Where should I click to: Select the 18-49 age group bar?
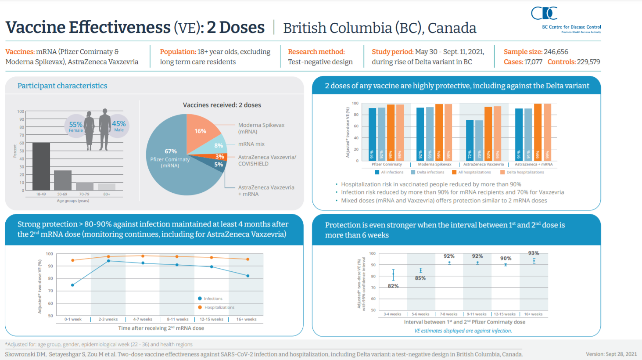(x=41, y=166)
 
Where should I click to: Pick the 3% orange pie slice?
(x=219, y=157)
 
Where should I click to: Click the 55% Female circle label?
(x=75, y=126)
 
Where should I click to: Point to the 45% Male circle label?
(x=119, y=126)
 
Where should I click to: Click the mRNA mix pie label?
(x=251, y=144)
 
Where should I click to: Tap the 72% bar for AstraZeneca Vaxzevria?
(x=470, y=140)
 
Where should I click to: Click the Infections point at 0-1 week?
(x=73, y=285)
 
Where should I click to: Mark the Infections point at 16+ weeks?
(x=248, y=276)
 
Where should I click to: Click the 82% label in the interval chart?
(x=393, y=286)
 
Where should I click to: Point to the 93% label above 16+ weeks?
(x=534, y=253)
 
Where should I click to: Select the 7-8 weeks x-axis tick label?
(x=449, y=314)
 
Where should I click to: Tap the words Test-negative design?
(x=320, y=62)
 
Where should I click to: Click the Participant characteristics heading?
(x=62, y=86)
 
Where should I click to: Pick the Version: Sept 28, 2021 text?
(x=611, y=354)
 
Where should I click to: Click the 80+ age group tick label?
(x=107, y=194)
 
